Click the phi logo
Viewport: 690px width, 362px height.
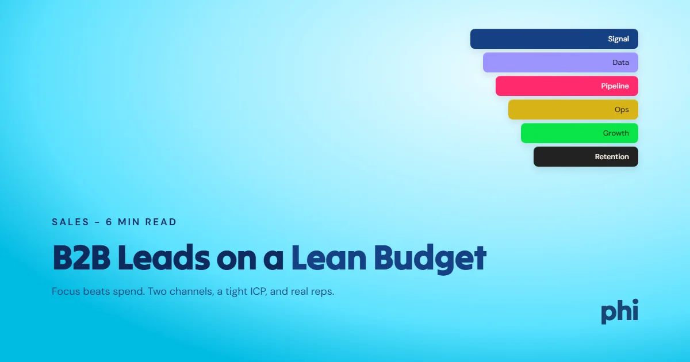pyautogui.click(x=619, y=311)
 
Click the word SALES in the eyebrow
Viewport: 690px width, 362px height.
pyautogui.click(x=71, y=222)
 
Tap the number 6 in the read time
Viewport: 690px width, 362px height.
pyautogui.click(x=109, y=222)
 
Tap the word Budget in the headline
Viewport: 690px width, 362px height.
pyautogui.click(x=430, y=259)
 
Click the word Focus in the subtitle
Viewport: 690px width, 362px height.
pyautogui.click(x=66, y=291)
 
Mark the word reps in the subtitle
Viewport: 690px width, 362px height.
pyautogui.click(x=323, y=292)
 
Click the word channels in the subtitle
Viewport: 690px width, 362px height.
pyautogui.click(x=190, y=291)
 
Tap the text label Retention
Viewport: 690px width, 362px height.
pyautogui.click(x=612, y=157)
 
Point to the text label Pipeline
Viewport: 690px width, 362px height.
pyautogui.click(x=615, y=86)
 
